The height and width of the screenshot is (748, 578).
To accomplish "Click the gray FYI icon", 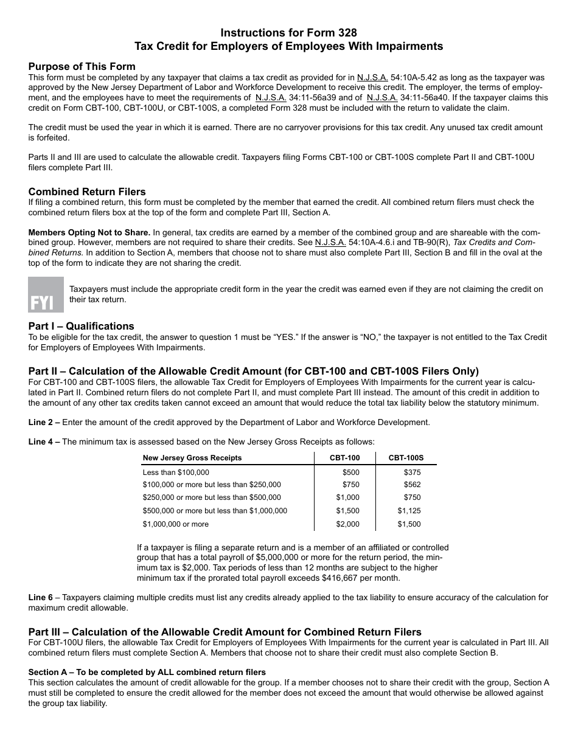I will (46, 294).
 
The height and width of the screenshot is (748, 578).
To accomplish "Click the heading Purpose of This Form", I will (82, 66).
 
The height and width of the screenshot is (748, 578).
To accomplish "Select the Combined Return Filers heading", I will (87, 192).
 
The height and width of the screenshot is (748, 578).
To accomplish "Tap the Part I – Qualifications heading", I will (82, 326).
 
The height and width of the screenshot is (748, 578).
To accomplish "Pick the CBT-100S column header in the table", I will (406, 458).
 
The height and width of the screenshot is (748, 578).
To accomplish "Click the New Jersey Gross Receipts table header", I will (192, 458).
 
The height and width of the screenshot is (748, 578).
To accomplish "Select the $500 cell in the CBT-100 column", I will (350, 472).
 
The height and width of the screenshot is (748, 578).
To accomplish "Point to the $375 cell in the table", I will (412, 472).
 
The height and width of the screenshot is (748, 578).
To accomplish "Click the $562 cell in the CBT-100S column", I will (412, 485).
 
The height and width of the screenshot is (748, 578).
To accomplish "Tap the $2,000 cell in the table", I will (348, 524).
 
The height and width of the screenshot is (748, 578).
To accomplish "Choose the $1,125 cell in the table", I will (409, 511).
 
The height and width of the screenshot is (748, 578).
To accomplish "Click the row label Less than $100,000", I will (176, 472).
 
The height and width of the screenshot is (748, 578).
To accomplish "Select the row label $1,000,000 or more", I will (175, 524).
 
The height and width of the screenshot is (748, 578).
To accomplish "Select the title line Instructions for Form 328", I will (289, 33).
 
